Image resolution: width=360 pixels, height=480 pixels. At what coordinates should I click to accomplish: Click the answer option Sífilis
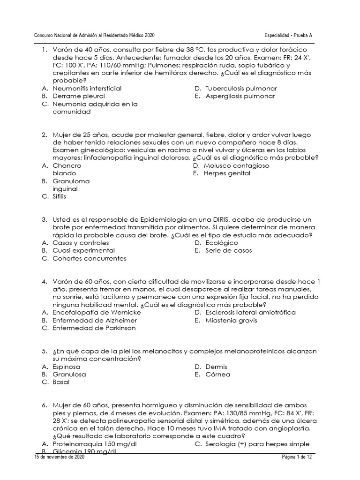pos(60,197)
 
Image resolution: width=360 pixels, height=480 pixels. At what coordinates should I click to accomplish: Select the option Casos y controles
pos(81,243)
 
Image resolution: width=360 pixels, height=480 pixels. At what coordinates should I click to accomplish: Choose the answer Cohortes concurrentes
pos(90,258)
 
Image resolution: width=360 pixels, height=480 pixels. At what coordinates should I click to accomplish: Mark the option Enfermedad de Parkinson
pos(94,328)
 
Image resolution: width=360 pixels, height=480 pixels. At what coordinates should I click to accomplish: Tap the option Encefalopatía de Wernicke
pos(97,313)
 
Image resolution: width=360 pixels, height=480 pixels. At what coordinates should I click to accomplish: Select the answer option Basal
pos(61,382)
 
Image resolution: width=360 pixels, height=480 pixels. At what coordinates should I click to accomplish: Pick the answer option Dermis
pos(216,367)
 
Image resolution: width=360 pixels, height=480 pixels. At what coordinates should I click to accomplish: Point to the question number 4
pos(45,282)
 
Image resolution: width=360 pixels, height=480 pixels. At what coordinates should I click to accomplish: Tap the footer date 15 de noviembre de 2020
pos(59,457)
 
